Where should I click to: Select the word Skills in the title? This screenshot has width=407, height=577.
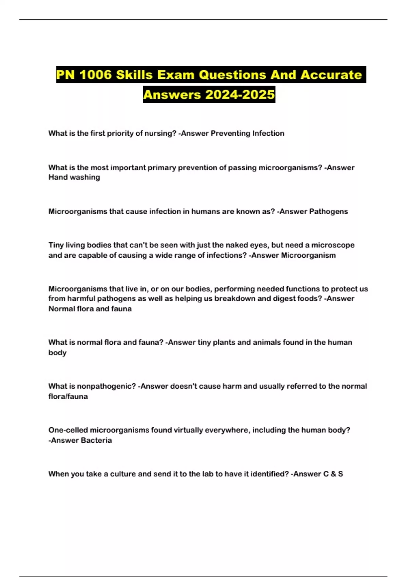click(x=134, y=75)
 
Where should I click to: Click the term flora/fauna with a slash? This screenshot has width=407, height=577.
click(x=68, y=396)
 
